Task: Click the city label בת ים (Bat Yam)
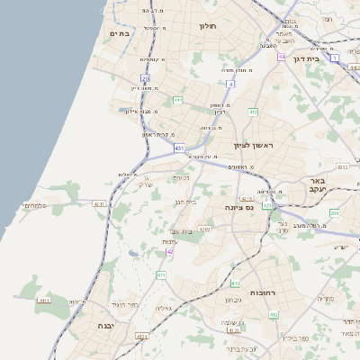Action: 120,33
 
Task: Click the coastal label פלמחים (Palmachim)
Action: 33,205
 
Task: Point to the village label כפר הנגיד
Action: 127,305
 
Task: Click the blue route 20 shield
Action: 145,78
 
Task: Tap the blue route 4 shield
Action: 230,84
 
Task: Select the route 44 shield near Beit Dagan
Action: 282,57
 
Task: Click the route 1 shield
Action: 335,58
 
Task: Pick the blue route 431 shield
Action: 180,147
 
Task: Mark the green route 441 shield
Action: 178,100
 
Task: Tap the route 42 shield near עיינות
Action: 169,252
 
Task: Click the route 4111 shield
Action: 43,300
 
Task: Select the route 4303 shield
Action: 206,229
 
